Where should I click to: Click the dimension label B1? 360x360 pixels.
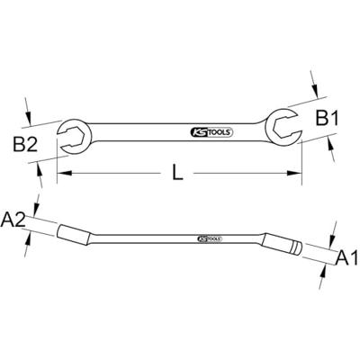[327, 117]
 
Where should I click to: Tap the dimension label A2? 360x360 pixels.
[14, 216]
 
